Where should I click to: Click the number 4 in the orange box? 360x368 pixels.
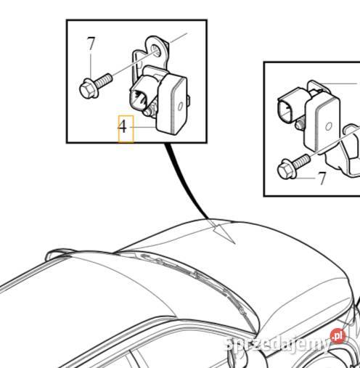tap(125, 128)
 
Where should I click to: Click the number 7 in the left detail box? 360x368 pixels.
tap(91, 44)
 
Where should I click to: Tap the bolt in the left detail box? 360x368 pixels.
tap(92, 86)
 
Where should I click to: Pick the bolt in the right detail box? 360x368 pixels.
tap(291, 168)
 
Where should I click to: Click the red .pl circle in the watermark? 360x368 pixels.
tap(336, 335)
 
